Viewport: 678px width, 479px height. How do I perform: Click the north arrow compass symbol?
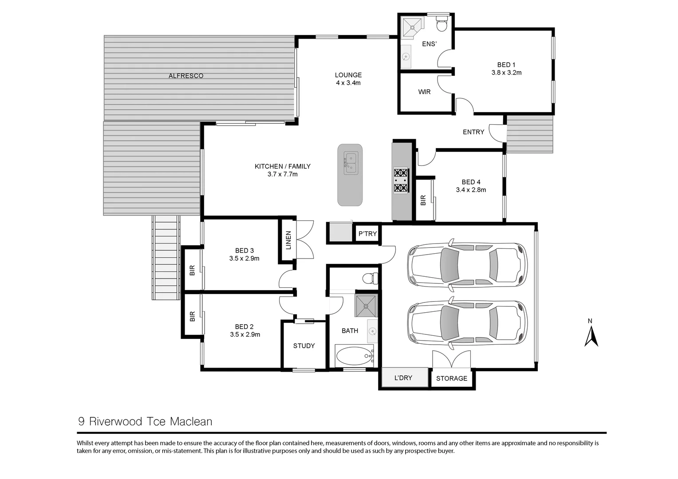click(591, 335)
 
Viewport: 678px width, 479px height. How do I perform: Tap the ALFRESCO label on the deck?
click(186, 76)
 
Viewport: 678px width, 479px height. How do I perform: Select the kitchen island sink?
click(351, 162)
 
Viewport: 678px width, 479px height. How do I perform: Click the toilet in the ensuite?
click(441, 24)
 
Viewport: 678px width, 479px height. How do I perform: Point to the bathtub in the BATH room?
click(354, 356)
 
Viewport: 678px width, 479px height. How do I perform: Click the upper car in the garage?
click(467, 265)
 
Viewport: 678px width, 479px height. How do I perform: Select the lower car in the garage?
click(467, 323)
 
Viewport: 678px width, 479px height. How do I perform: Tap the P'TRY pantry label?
click(367, 234)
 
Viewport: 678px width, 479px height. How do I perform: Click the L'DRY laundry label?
click(403, 378)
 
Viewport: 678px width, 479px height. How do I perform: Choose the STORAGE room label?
click(452, 378)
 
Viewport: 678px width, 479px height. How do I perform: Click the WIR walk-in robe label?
click(424, 92)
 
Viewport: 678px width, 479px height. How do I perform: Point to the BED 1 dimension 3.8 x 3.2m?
click(506, 73)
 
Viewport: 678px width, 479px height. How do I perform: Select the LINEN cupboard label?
click(288, 240)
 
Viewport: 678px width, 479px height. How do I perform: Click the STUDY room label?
click(304, 346)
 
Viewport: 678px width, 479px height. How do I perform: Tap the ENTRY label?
click(473, 132)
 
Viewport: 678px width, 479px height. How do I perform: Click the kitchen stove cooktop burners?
click(401, 181)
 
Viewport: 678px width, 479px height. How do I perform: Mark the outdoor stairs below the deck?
click(166, 257)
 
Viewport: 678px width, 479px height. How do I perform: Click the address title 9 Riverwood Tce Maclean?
click(145, 421)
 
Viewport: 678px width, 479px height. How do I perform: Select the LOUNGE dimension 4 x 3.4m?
click(348, 83)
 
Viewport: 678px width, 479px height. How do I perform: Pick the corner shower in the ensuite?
click(412, 26)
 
